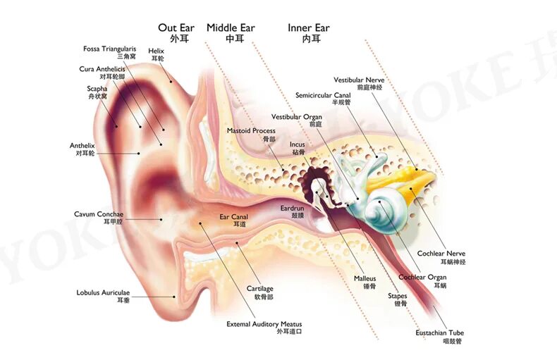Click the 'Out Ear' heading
(176, 28)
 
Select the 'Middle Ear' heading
(231, 28)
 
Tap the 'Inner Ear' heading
(308, 28)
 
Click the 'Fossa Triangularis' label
(109, 49)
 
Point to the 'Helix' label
(157, 51)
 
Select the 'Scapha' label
(97, 89)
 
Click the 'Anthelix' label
(82, 146)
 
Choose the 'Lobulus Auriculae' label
(103, 292)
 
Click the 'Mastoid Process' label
(251, 131)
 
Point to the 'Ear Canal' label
(233, 218)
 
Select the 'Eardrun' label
(291, 209)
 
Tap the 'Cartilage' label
(259, 289)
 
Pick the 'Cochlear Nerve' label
(441, 254)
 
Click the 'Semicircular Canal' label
(323, 95)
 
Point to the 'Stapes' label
(398, 297)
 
